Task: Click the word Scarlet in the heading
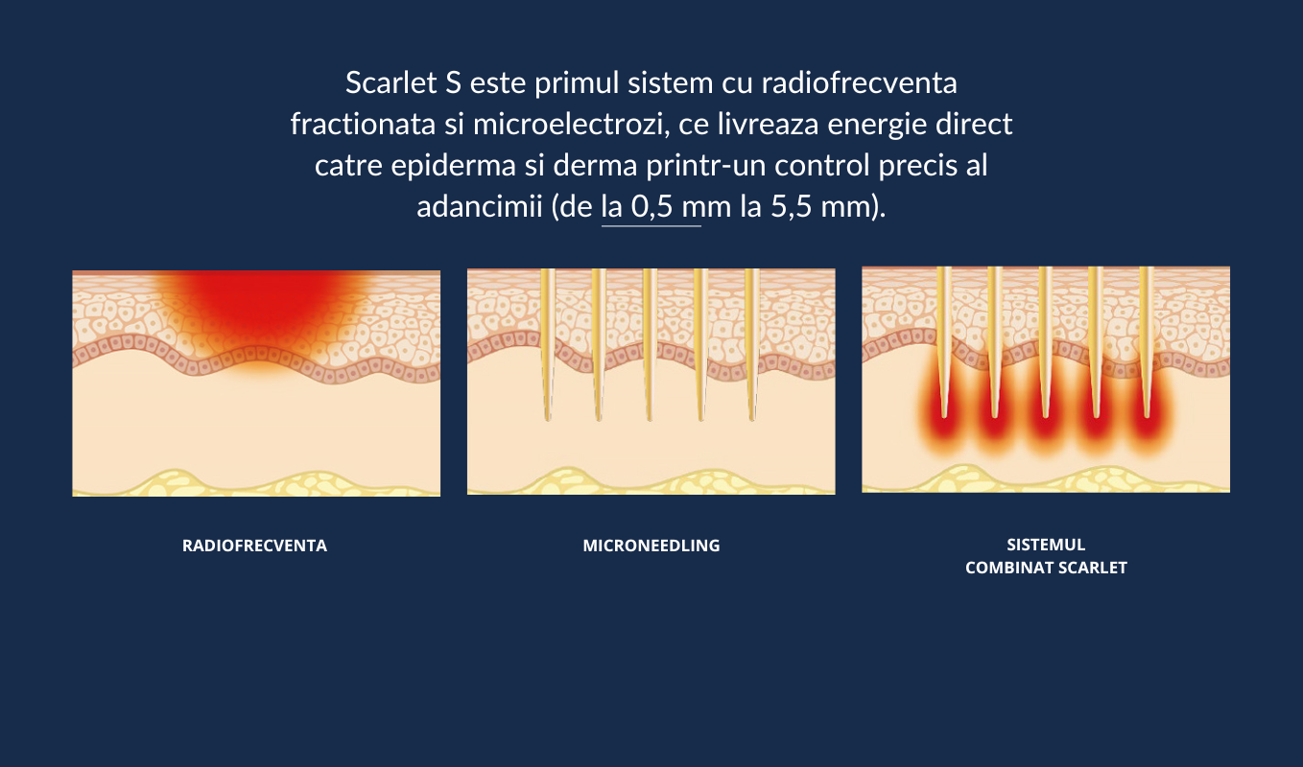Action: point(391,82)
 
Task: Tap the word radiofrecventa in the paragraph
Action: point(859,82)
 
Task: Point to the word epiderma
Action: point(453,166)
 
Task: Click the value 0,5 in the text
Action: point(652,206)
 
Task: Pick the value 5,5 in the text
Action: point(791,206)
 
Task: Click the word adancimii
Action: point(480,206)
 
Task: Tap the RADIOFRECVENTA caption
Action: point(255,546)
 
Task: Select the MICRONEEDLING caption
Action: point(651,546)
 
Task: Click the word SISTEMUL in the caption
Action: point(1046,545)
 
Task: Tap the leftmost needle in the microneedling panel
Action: point(547,344)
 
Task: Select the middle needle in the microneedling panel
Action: point(650,344)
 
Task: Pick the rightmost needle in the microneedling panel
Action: point(752,344)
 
